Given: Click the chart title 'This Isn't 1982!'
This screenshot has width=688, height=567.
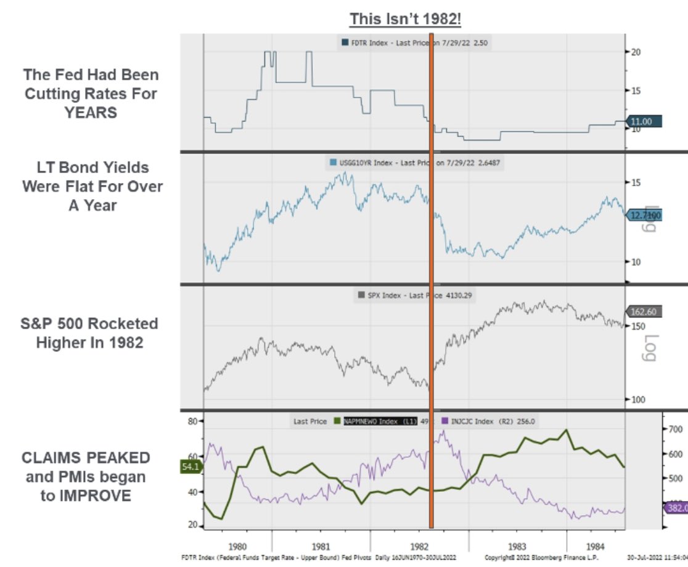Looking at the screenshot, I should pos(406,19).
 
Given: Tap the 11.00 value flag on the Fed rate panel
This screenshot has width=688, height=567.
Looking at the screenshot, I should pos(644,122).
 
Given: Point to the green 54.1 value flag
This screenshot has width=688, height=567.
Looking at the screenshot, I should pos(190,467).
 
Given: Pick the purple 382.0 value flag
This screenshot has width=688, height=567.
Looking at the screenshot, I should pos(676,508).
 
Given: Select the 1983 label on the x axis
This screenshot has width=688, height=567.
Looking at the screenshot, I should pos(517,546).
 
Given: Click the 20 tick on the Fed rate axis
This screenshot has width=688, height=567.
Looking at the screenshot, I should pos(636,52).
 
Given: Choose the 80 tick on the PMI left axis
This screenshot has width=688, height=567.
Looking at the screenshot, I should pos(192,422).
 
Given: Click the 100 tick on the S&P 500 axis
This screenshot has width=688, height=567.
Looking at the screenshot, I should pos(639,399).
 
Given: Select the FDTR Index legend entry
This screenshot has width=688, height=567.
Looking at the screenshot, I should pos(370,43).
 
